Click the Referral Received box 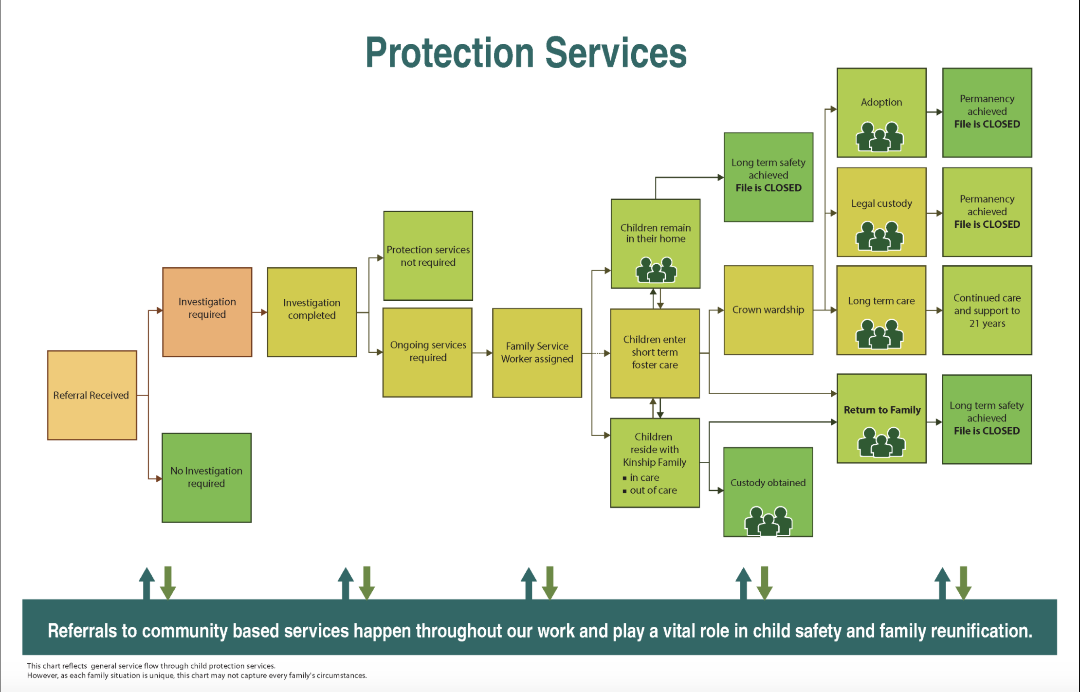click(x=92, y=395)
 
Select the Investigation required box click(x=207, y=312)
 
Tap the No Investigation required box click(x=207, y=477)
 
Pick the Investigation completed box click(x=312, y=312)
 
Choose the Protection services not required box click(x=428, y=255)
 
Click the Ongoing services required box click(x=428, y=352)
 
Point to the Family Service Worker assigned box click(x=537, y=353)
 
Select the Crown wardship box click(x=769, y=310)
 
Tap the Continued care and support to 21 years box click(x=987, y=310)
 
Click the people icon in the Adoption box click(x=880, y=137)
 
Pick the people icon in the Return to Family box click(x=881, y=442)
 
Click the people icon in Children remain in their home click(x=656, y=270)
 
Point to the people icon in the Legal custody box click(x=880, y=236)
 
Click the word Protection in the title click(x=450, y=53)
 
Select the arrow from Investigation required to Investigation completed click(x=260, y=312)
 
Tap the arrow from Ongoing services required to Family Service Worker click(x=482, y=353)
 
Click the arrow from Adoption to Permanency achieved click(x=934, y=112)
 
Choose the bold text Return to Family click(x=882, y=410)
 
